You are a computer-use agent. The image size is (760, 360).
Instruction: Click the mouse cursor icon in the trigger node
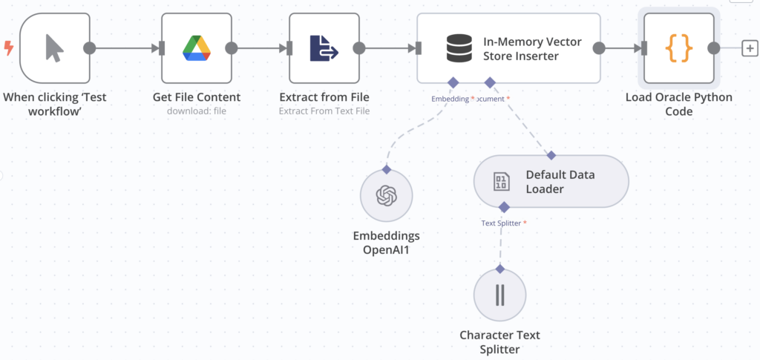[x=54, y=48]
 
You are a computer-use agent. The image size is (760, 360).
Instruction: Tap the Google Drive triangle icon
[x=197, y=48]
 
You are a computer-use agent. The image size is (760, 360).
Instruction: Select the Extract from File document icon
[x=324, y=48]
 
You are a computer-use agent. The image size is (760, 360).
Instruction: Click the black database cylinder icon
[x=459, y=48]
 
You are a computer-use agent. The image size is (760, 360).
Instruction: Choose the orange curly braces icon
[x=678, y=48]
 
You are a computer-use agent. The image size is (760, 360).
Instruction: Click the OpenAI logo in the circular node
[x=386, y=196]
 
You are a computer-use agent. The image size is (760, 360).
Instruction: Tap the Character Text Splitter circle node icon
[x=499, y=295]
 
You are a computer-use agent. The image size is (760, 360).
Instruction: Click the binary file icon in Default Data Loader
[x=502, y=182]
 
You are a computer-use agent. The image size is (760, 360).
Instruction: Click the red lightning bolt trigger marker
[x=9, y=48]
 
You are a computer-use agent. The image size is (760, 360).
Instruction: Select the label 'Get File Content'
[x=197, y=97]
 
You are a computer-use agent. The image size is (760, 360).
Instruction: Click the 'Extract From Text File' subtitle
[x=324, y=111]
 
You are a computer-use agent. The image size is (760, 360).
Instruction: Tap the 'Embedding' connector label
[x=450, y=99]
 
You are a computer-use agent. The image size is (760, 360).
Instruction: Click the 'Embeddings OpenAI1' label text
[x=386, y=243]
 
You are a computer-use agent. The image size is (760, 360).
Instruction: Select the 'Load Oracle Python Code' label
[x=678, y=104]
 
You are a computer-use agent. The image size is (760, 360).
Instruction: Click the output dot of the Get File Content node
[x=232, y=48]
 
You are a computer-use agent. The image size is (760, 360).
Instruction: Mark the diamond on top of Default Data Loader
[x=551, y=155]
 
